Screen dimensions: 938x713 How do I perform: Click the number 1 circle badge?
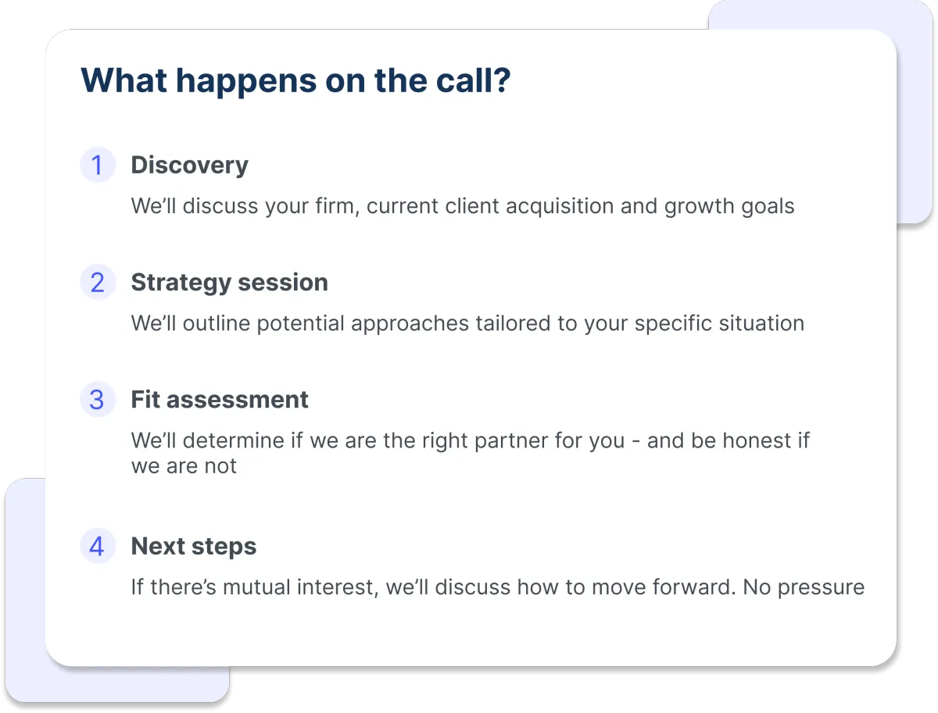click(x=98, y=165)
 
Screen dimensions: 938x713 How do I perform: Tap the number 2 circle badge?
click(x=98, y=282)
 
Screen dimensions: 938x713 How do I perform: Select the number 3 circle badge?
click(x=98, y=400)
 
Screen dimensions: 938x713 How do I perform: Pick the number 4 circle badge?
click(x=98, y=546)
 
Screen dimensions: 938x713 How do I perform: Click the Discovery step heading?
click(x=189, y=166)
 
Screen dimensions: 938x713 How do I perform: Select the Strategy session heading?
click(x=230, y=283)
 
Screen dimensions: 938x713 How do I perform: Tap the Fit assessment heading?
click(x=220, y=400)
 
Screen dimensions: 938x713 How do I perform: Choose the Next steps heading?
click(x=194, y=547)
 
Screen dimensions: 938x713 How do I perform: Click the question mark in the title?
click(x=501, y=80)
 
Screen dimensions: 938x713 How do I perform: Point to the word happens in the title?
click(x=246, y=82)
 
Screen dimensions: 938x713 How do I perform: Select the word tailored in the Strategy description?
click(x=514, y=323)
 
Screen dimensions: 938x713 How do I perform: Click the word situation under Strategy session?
click(x=761, y=323)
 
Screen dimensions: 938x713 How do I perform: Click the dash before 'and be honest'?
click(x=635, y=442)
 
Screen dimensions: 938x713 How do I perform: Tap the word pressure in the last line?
click(x=821, y=588)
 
